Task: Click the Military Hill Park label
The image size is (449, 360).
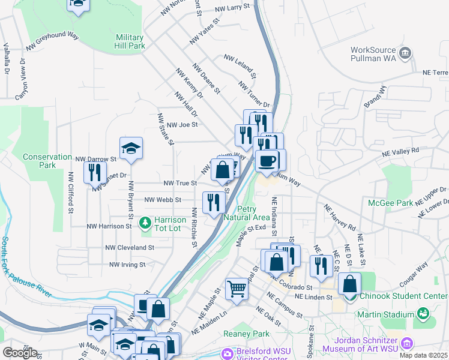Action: [x=130, y=41]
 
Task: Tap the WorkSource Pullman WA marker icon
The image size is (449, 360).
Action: [x=406, y=54]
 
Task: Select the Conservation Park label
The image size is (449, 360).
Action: [x=47, y=161]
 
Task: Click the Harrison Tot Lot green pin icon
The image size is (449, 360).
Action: [x=145, y=223]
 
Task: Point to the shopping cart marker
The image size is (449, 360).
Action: [x=237, y=289]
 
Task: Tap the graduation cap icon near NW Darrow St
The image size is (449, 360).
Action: [x=131, y=148]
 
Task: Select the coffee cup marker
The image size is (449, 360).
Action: [x=267, y=160]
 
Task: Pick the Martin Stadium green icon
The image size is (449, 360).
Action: [x=423, y=313]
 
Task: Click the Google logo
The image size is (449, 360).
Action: [x=20, y=352]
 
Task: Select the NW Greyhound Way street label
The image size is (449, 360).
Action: [x=53, y=41]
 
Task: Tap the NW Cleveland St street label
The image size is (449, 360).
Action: [x=130, y=247]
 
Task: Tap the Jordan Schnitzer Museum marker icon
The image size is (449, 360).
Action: [x=408, y=343]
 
